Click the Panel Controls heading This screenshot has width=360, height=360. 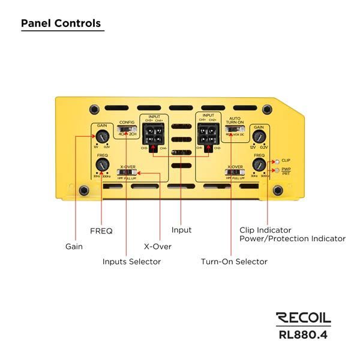coord(61,24)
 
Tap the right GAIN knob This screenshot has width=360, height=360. coord(259,137)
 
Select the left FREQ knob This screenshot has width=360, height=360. coord(101,165)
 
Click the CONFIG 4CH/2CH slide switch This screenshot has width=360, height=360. coord(126,128)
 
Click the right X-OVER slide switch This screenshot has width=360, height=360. coord(232,174)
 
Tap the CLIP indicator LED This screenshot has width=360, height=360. coord(276,161)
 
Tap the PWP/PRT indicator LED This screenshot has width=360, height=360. coord(276,170)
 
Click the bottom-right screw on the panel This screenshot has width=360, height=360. coord(277,190)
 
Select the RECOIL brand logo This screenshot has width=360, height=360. coord(303,318)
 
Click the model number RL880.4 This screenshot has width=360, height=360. coord(303,334)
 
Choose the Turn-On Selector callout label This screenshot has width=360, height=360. coord(234,262)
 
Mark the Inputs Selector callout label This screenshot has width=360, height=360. coord(131,262)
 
